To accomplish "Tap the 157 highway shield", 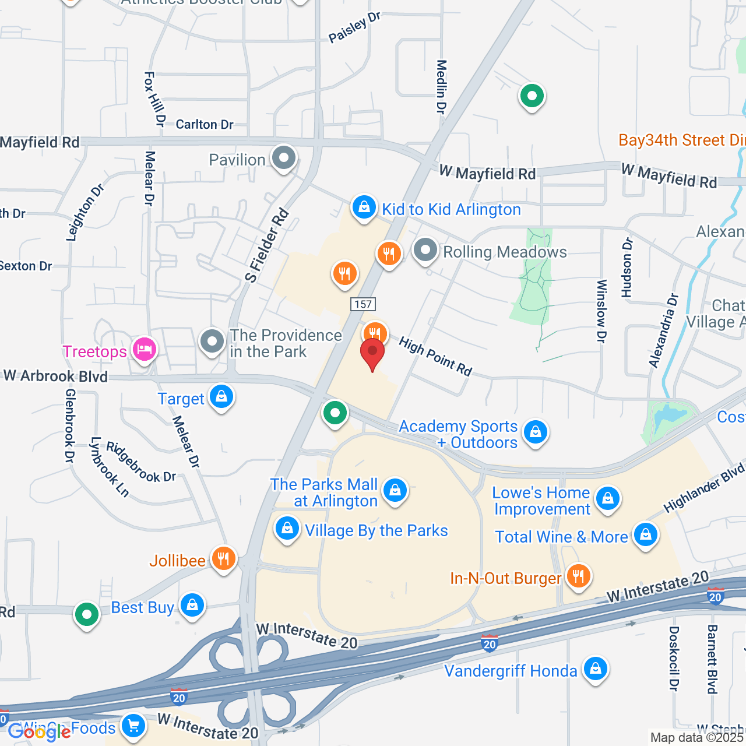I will [363, 304].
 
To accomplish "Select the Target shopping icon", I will [221, 397].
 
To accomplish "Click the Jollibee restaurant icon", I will [223, 559].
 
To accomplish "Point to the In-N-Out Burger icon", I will [578, 576].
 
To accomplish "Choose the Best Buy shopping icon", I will [192, 606].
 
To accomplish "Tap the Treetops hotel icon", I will [144, 350].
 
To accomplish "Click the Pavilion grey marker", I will [284, 158].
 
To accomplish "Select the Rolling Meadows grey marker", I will [425, 251].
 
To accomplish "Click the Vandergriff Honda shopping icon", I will [595, 669].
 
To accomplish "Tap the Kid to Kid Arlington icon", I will [364, 207].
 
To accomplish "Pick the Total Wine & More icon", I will [645, 535].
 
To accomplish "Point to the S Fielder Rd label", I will [267, 245].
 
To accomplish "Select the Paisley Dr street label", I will [354, 27].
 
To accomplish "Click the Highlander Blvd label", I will [704, 488].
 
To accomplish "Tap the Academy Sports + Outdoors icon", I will [535, 432].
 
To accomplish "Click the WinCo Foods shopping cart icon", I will [133, 726].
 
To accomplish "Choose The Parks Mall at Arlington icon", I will [395, 491].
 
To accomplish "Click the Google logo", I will [39, 731].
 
